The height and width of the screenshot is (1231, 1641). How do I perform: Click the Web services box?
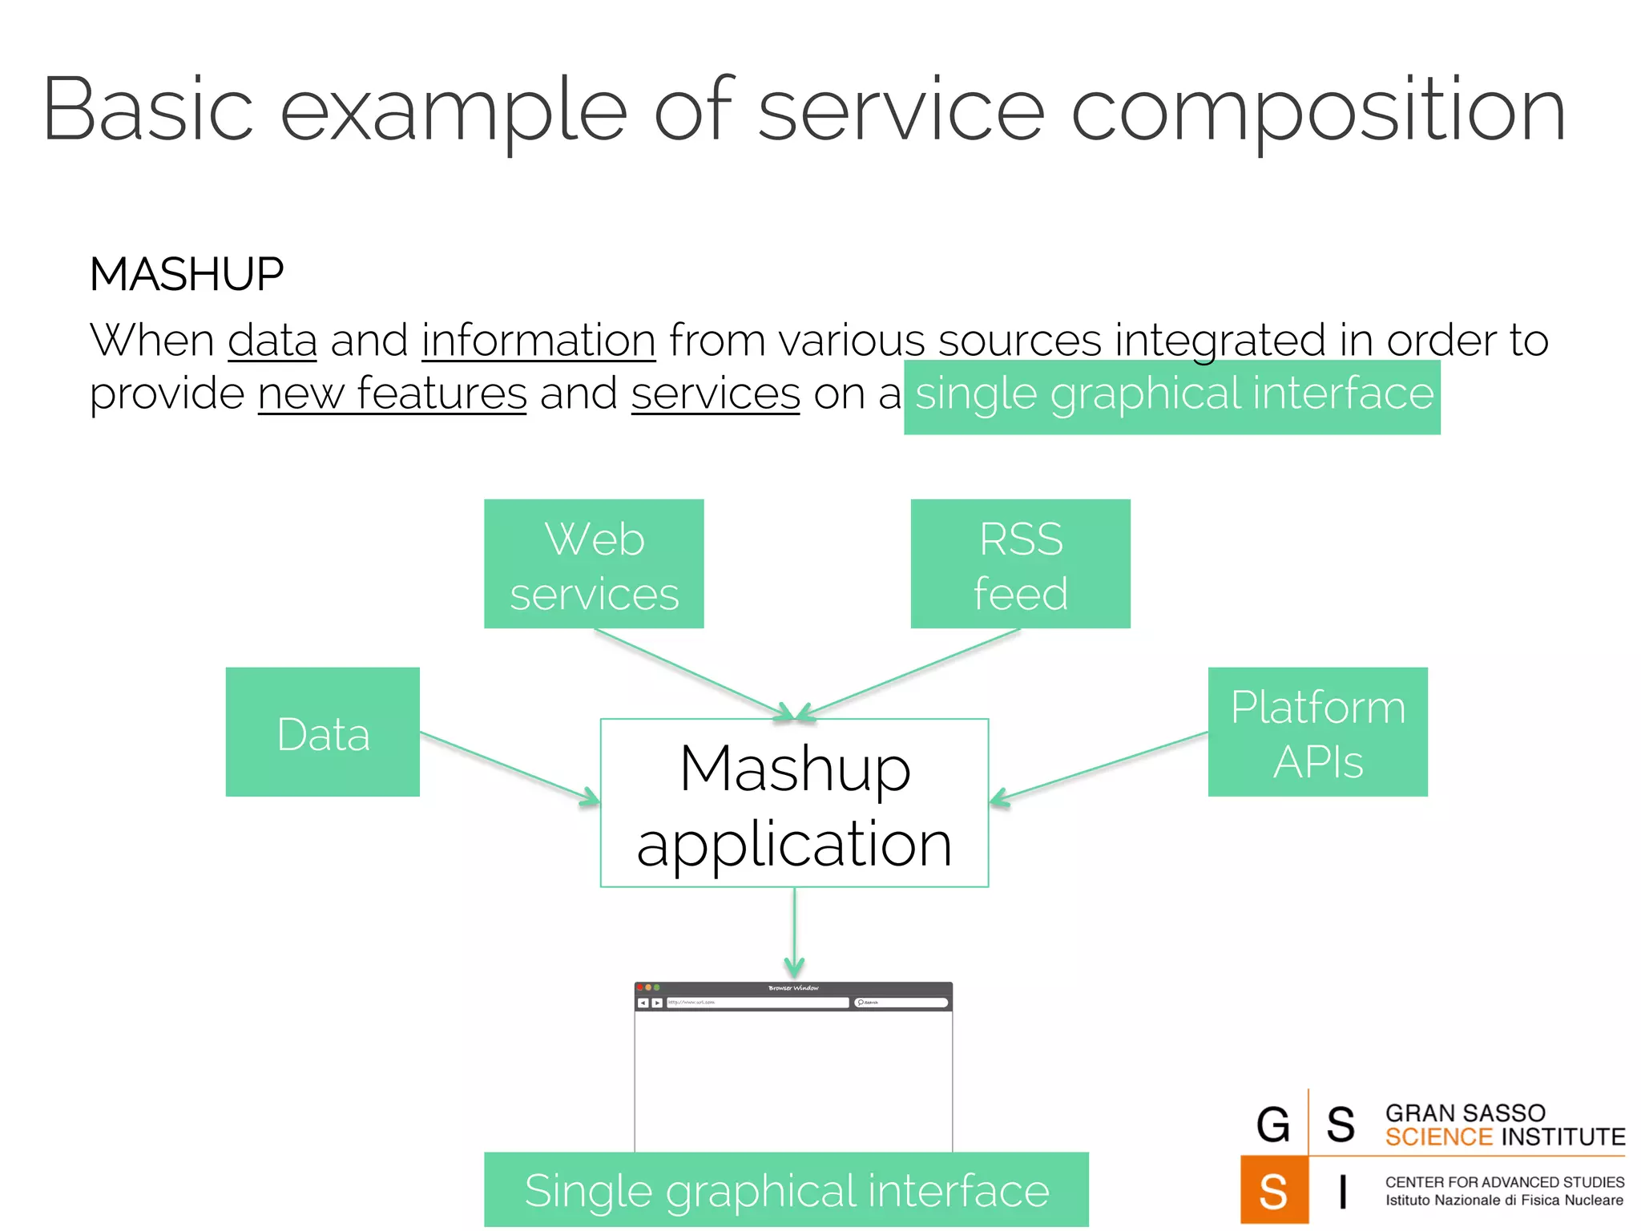[594, 563]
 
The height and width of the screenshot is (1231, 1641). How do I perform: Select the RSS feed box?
[1020, 563]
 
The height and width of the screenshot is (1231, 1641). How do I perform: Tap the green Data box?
[322, 732]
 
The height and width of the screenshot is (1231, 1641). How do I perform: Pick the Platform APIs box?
[1317, 732]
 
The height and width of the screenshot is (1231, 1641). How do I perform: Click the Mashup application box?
[794, 803]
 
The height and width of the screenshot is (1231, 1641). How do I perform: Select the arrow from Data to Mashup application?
[509, 766]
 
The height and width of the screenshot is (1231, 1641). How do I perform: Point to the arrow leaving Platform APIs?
[1099, 766]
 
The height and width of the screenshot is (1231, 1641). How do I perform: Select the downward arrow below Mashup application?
[794, 934]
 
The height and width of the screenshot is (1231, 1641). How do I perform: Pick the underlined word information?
[538, 340]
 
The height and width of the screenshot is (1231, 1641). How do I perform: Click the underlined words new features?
[392, 394]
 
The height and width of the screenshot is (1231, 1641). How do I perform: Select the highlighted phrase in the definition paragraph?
[1172, 395]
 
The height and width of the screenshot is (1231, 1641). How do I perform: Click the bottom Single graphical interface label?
[786, 1189]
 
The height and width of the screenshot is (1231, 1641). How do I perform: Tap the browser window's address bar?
[757, 1003]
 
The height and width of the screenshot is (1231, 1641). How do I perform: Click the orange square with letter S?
[1274, 1190]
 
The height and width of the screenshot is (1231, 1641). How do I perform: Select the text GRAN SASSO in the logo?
[1465, 1112]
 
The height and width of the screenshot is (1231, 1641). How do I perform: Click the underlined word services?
[716, 394]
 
